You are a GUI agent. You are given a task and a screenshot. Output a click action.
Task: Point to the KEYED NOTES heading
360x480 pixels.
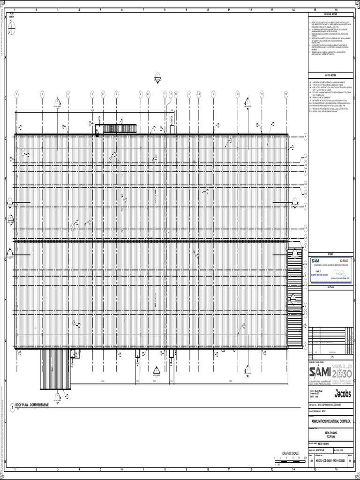[330, 75]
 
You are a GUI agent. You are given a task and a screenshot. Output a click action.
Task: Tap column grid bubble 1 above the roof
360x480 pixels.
[16, 94]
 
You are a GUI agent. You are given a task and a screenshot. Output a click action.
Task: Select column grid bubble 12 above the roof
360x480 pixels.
[285, 94]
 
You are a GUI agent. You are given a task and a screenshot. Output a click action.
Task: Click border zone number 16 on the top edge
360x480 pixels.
[336, 9]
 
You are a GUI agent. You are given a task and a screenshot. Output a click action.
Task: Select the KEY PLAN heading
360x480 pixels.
[330, 287]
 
